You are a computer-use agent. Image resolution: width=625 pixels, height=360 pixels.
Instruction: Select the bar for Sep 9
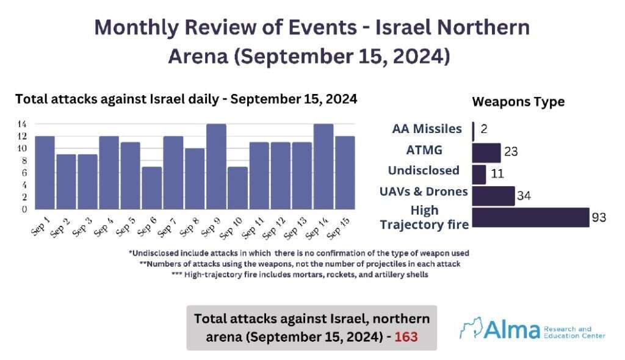(x=216, y=167)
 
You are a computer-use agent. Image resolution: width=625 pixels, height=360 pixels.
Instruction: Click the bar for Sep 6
(x=152, y=187)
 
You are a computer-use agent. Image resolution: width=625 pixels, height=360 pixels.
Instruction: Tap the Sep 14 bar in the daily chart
(x=323, y=167)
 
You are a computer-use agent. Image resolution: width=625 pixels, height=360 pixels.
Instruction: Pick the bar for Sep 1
(x=45, y=172)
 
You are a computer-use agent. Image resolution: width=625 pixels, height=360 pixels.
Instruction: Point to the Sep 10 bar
(x=237, y=187)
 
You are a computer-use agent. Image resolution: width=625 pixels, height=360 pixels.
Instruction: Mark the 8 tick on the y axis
(x=24, y=160)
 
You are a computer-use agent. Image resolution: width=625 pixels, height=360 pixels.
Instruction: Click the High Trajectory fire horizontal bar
(x=531, y=218)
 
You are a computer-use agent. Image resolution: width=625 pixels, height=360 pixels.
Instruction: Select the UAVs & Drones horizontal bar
(x=493, y=196)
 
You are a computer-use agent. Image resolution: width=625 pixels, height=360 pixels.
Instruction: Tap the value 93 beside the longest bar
(x=599, y=217)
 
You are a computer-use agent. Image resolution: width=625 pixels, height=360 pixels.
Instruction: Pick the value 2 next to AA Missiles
(x=483, y=128)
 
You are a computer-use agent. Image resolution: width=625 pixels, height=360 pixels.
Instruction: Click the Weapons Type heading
(x=518, y=102)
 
